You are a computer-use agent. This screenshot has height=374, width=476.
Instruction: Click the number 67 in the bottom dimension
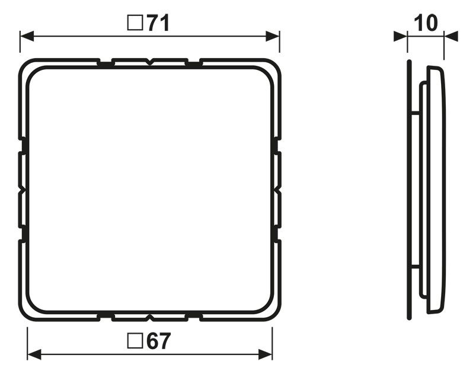(x=157, y=341)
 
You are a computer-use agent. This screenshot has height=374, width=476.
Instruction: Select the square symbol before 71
(x=135, y=23)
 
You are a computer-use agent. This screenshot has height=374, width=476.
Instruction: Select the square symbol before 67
(x=135, y=341)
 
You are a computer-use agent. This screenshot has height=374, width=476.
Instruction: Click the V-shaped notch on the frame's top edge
(x=150, y=61)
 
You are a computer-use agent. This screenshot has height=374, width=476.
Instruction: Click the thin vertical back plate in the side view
(x=409, y=190)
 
